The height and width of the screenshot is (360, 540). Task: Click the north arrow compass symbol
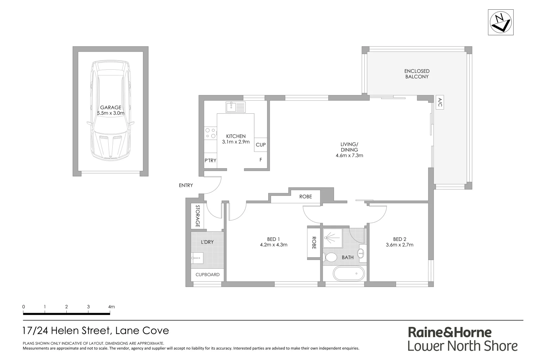click(501, 22)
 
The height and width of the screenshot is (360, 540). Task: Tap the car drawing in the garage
click(110, 110)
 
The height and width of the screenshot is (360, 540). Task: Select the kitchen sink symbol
click(235, 107)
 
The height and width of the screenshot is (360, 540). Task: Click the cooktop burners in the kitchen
click(210, 133)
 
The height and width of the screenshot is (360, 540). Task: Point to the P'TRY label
click(210, 160)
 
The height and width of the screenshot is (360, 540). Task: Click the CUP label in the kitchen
click(261, 145)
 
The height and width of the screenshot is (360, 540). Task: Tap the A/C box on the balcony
click(440, 102)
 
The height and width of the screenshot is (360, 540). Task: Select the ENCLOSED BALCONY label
click(417, 74)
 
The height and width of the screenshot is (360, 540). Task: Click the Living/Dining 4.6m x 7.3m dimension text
click(349, 155)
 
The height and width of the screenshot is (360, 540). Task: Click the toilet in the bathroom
click(330, 257)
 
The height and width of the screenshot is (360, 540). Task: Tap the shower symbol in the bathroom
click(332, 238)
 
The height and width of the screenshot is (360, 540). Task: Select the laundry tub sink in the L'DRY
click(197, 258)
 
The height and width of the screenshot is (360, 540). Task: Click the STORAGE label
click(197, 216)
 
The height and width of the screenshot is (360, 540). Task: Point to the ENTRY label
click(186, 185)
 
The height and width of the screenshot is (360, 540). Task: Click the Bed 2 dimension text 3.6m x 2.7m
click(399, 245)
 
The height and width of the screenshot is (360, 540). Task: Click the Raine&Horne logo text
click(450, 332)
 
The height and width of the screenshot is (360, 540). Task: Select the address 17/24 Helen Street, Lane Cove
click(96, 331)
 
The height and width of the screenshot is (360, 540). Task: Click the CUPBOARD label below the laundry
click(207, 275)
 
